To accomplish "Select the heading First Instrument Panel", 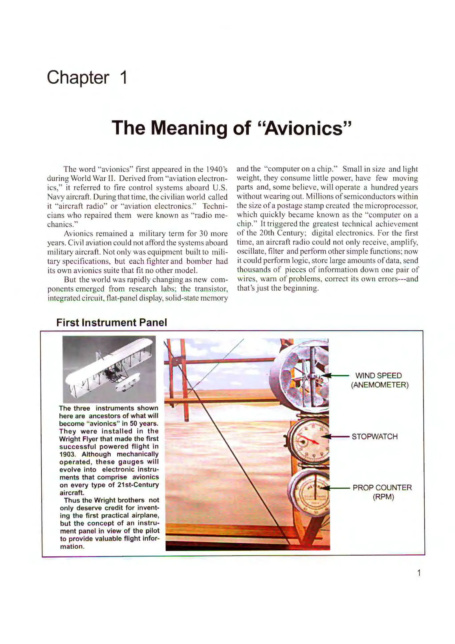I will pyautogui.click(x=112, y=323).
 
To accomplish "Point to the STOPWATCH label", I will pyautogui.click(x=375, y=437).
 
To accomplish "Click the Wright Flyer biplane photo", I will pyautogui.click(x=109, y=369).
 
